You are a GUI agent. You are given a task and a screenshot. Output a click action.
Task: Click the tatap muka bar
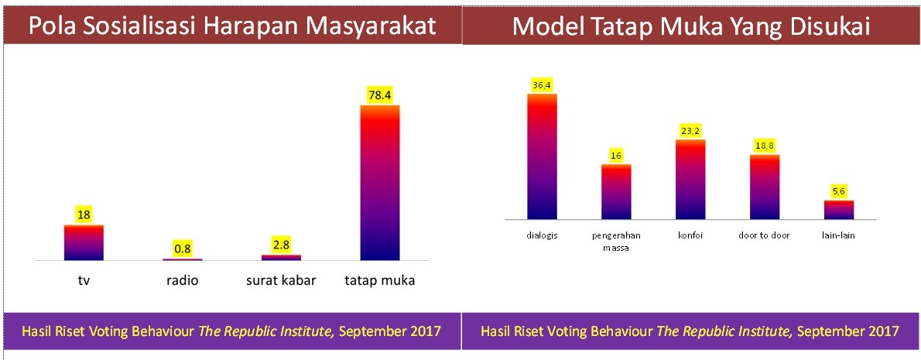pos(379,182)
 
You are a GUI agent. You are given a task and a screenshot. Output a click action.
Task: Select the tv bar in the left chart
pos(84,242)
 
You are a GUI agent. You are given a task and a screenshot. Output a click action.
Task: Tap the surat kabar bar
pos(281,257)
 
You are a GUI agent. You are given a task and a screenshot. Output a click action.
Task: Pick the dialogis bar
pos(542,156)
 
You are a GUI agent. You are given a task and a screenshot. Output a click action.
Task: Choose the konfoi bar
pos(690,179)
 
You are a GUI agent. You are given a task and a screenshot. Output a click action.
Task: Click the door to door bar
pos(764,187)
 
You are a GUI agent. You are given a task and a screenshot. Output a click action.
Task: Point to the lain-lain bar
pos(839,210)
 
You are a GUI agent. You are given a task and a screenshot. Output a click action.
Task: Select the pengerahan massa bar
pos(616,191)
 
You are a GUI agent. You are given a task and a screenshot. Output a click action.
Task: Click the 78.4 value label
pos(380,95)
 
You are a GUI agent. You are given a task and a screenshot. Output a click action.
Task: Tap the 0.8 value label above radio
pos(183,249)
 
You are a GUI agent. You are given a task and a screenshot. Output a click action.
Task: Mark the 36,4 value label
pos(542,86)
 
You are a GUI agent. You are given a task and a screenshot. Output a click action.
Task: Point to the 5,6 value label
pos(839,192)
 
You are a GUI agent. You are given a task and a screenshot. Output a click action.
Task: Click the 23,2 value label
pos(690,132)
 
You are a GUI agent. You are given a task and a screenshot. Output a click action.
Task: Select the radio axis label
pos(182,281)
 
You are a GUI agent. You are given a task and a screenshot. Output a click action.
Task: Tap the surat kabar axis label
pos(282,281)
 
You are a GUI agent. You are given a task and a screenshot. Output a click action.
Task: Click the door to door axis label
pos(764,235)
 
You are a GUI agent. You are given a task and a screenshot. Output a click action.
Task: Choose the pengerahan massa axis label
pos(616,241)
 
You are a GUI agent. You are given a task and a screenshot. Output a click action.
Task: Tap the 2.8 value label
pos(282,245)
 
